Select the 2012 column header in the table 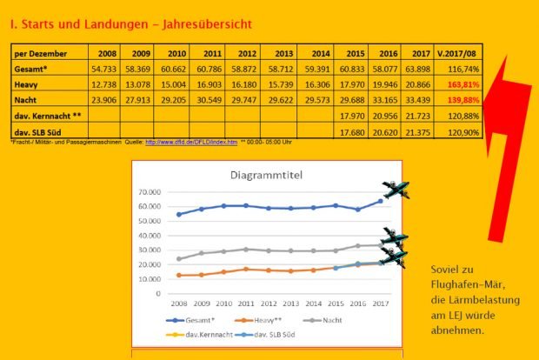247,53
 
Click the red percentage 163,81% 462,84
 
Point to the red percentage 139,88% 462,100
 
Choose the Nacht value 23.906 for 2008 103,100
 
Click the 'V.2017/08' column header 461,53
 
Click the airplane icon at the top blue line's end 396,190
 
